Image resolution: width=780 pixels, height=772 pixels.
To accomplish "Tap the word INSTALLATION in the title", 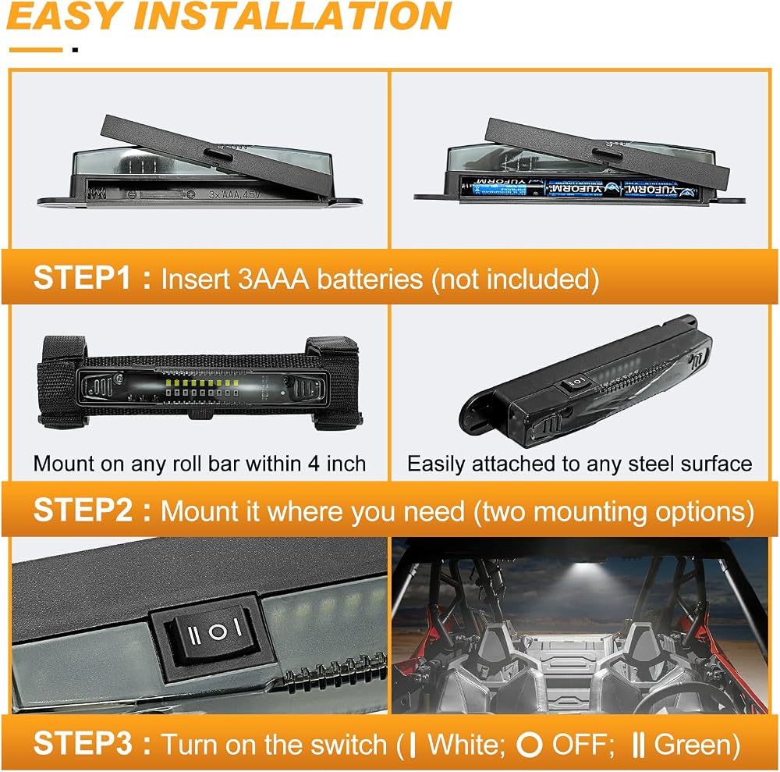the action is [x=292, y=16].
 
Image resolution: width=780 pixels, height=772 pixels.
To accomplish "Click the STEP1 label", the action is [x=82, y=277].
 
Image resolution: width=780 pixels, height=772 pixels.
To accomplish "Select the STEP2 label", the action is [x=83, y=511].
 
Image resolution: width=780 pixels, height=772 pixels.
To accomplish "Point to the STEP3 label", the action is [x=83, y=743].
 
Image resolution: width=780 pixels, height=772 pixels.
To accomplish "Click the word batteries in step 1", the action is [x=370, y=278].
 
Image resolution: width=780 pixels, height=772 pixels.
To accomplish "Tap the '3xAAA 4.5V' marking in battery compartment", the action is [x=234, y=194].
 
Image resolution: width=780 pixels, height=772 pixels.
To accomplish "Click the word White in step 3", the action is [x=462, y=745].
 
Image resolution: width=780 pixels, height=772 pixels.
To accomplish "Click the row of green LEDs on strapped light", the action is [x=202, y=383].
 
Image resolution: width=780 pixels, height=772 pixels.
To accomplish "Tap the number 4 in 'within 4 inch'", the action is [x=314, y=464].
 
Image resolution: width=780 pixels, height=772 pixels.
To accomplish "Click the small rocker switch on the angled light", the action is [x=576, y=382].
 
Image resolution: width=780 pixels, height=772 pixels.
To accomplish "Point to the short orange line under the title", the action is [x=36, y=49].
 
